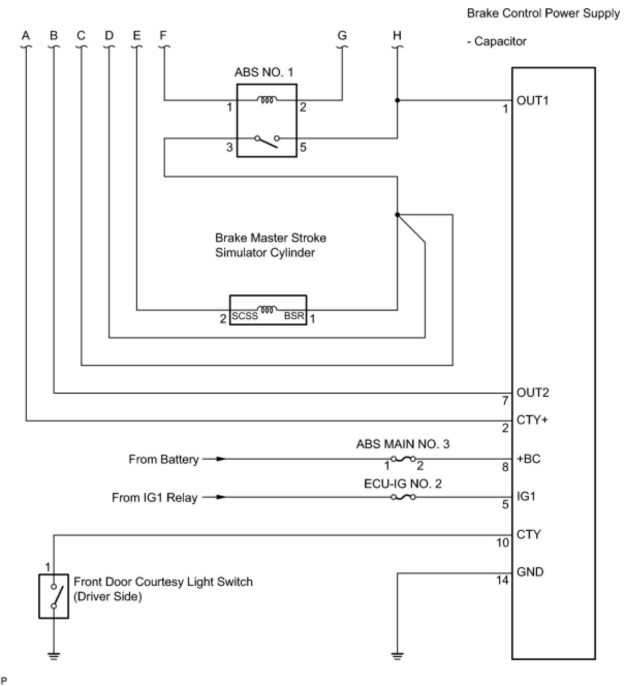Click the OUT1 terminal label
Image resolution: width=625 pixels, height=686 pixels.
tap(533, 101)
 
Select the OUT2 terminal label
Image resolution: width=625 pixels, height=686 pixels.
tap(533, 393)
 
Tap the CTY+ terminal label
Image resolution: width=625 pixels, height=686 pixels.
tap(532, 420)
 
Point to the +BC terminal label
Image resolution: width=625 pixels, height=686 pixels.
tap(528, 459)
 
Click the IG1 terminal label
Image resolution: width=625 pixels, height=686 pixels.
tap(526, 496)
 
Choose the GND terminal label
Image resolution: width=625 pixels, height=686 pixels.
tap(530, 572)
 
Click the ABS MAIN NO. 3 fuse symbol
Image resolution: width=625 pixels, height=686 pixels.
tap(403, 459)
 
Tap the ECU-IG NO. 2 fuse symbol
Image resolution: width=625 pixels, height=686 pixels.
tap(403, 497)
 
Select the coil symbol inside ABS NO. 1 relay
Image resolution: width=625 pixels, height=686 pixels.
tap(267, 100)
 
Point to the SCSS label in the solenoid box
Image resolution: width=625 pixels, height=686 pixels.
tap(245, 316)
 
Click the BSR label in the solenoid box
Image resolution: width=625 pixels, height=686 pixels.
tap(294, 316)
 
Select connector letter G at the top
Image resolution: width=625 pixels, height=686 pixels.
tap(342, 35)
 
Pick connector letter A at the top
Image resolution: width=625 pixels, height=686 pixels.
tap(26, 35)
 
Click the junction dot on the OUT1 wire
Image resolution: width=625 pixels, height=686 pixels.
tap(397, 100)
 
